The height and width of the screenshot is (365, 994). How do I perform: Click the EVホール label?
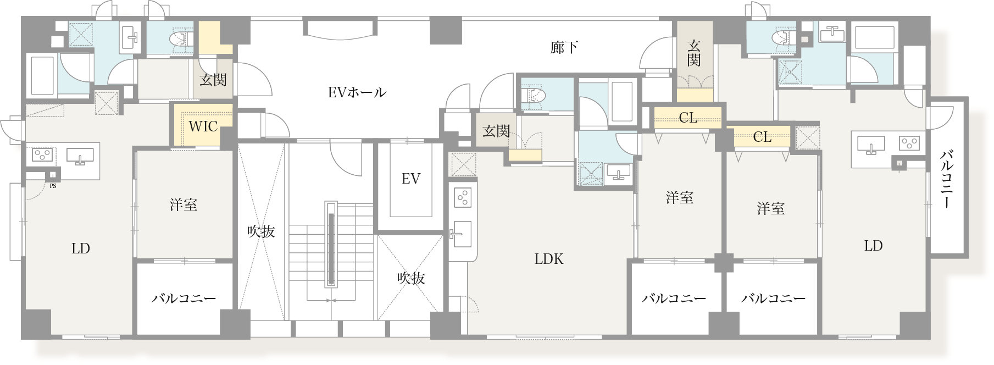pos(357,92)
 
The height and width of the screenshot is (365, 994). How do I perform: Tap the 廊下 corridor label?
pos(564,48)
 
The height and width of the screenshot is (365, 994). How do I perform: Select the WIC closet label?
pos(203,126)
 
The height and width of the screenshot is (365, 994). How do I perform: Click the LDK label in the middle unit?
pos(548,259)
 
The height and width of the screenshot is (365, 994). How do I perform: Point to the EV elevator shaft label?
pos(410,179)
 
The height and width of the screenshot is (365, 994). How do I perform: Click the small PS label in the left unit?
pos(53,186)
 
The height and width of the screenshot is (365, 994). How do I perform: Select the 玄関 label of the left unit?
pos(213,80)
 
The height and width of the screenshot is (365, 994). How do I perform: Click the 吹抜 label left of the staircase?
pos(260,231)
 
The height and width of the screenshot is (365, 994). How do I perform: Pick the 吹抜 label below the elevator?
pos(410,278)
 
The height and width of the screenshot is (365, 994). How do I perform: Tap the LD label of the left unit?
pos(80,248)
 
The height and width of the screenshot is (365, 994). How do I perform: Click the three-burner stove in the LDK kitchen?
pos(463,198)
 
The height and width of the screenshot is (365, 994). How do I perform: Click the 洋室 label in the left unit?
pos(183,205)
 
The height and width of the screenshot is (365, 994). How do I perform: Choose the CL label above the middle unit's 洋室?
pos(687,118)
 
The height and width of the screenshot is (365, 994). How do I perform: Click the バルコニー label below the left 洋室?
pos(184,298)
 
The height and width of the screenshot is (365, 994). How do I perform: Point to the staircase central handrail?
pos(331,244)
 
